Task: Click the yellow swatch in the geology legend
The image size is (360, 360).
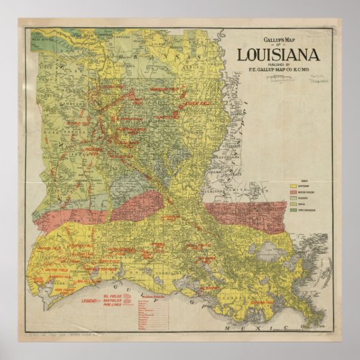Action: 294,185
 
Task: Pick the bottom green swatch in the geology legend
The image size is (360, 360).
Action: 294,210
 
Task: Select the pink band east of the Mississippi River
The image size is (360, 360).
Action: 245,214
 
